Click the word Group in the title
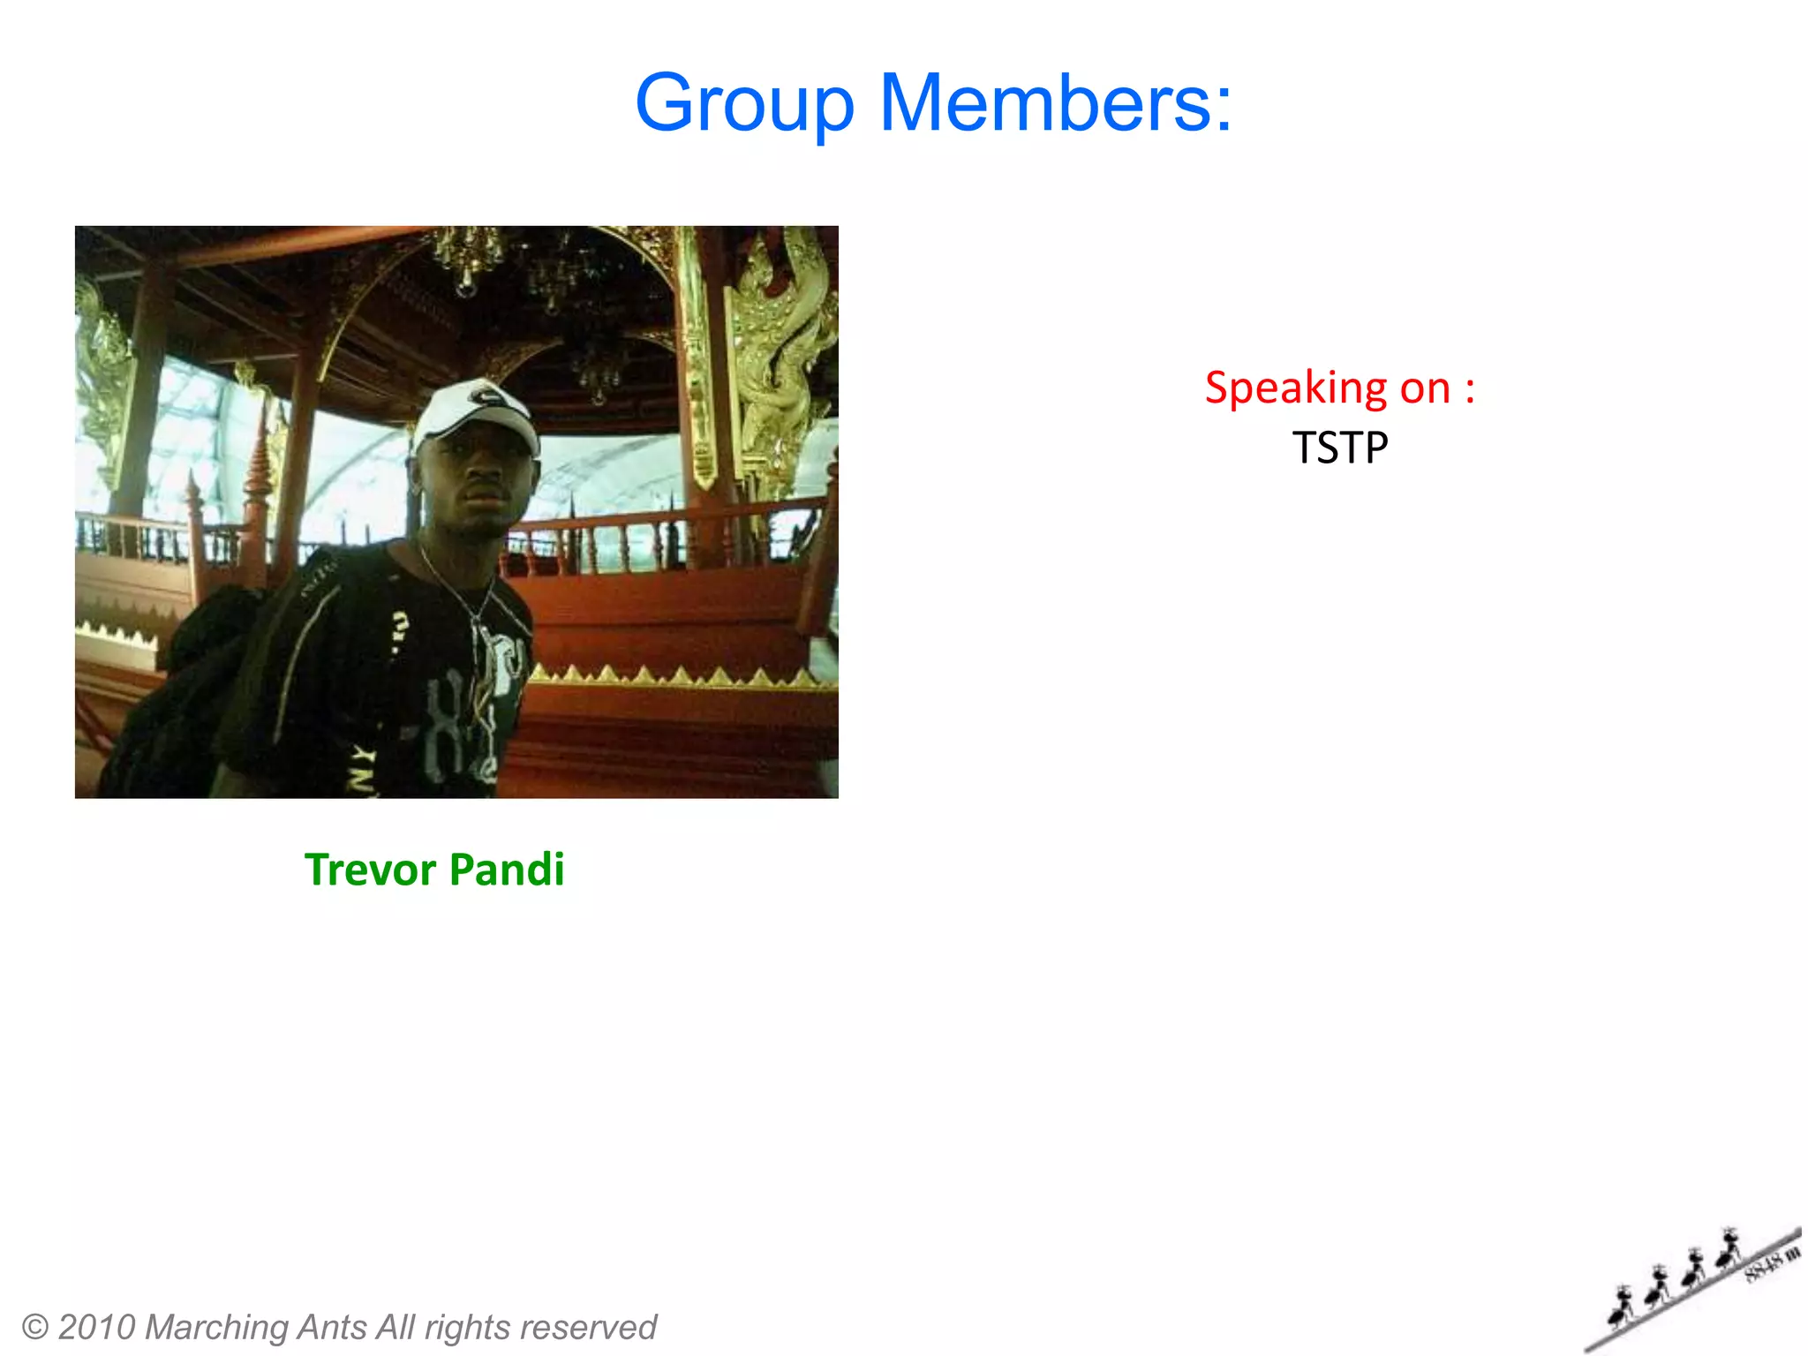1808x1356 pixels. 744,104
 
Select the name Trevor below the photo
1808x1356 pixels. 370,870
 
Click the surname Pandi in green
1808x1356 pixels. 507,870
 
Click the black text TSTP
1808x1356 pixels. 1340,448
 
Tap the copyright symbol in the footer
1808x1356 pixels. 34,1327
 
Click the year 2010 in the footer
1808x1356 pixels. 96,1327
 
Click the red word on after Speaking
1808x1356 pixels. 1425,388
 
